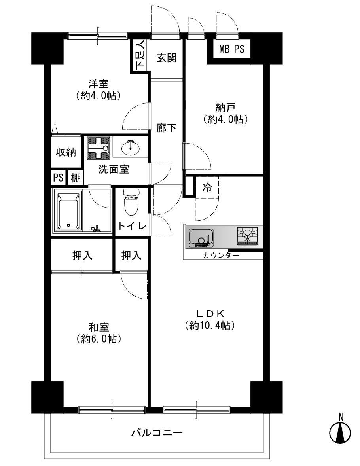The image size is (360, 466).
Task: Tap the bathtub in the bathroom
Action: (70, 211)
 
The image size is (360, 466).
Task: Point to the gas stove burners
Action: (248, 236)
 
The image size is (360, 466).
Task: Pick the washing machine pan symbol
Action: (99, 148)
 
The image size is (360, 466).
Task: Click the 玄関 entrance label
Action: (167, 58)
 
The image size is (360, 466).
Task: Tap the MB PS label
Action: (231, 49)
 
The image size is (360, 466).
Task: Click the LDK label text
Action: (210, 314)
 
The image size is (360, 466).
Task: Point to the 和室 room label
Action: (99, 327)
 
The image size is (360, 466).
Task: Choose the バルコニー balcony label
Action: (157, 433)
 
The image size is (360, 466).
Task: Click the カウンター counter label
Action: (221, 255)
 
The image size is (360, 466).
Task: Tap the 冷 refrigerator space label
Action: (207, 188)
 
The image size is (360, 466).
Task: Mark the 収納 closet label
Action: (66, 152)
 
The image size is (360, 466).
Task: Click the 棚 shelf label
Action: (76, 178)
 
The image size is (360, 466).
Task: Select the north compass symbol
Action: (340, 430)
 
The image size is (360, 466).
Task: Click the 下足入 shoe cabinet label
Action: (140, 55)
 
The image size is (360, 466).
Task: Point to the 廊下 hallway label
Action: (167, 128)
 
